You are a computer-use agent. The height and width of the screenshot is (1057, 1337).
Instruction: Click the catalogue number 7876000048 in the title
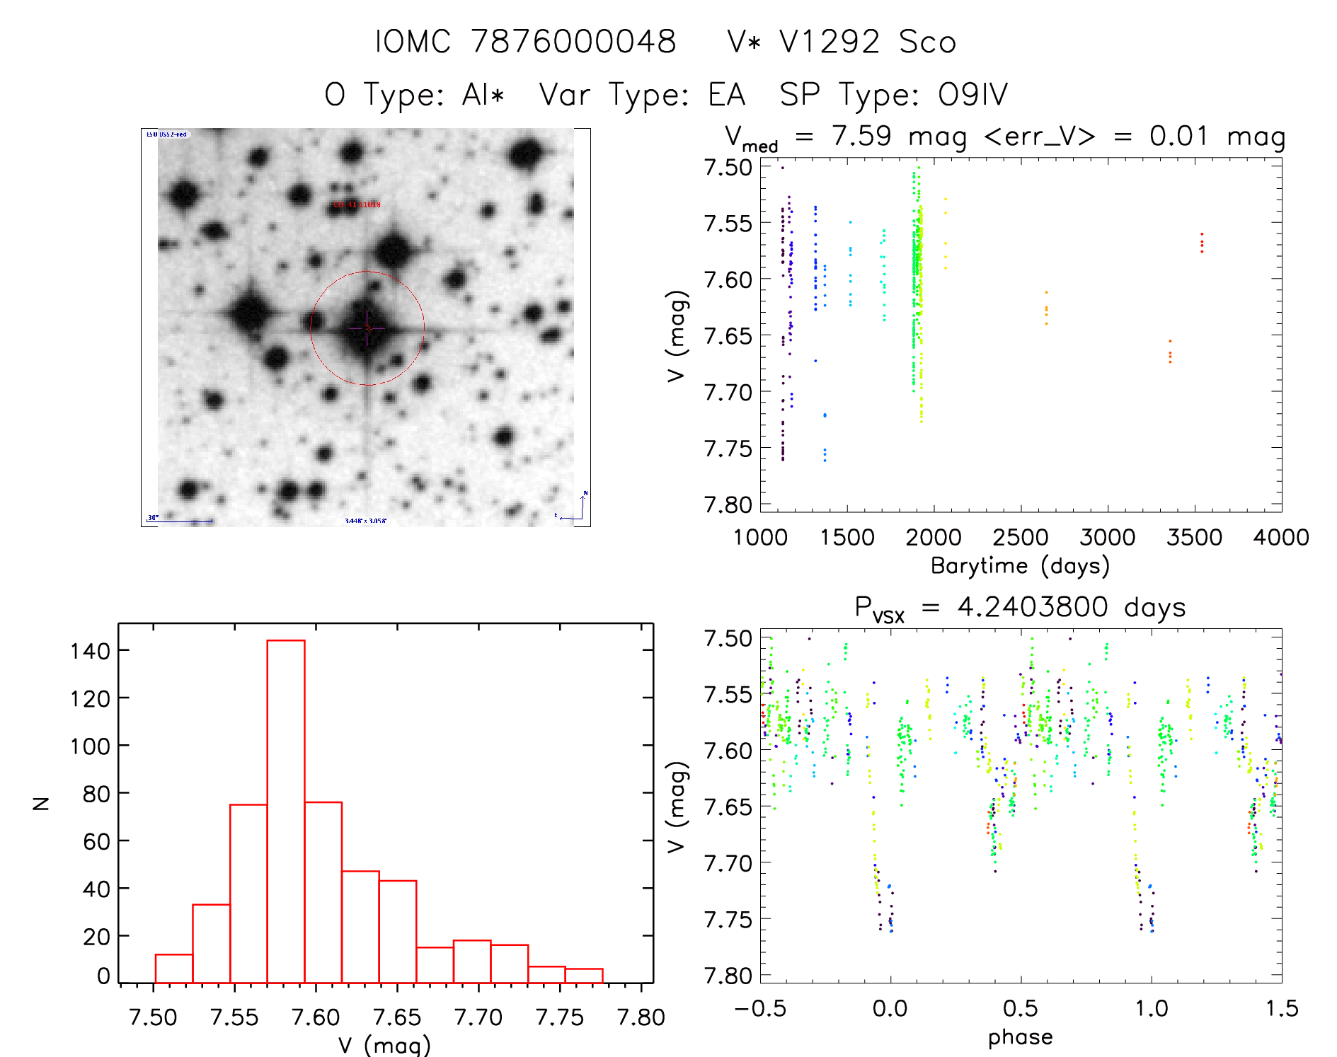tap(573, 42)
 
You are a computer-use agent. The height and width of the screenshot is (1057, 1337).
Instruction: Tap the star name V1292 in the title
tap(830, 42)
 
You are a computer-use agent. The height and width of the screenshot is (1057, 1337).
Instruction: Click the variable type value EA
tap(726, 94)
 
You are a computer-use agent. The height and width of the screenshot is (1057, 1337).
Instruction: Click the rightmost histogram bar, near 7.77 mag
tap(584, 976)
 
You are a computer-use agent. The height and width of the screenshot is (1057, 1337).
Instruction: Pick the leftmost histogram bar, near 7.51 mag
tap(174, 969)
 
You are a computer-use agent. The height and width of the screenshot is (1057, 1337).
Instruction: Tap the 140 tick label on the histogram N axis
tap(90, 650)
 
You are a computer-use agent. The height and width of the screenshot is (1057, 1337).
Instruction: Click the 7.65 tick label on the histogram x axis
tap(397, 1017)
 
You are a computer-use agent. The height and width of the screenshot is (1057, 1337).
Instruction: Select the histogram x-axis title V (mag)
tap(384, 1045)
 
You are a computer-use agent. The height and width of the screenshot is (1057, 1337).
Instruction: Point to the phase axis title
tap(1020, 1036)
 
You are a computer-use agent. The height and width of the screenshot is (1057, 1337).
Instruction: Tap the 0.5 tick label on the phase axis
tap(1021, 1008)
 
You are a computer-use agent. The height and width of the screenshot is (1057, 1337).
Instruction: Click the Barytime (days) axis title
tap(1020, 565)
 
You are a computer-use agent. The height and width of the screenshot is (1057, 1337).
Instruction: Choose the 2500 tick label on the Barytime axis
tap(1021, 537)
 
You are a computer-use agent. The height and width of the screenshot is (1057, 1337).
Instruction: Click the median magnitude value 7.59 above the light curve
tap(861, 136)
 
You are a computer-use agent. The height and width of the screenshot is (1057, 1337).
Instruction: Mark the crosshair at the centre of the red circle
tap(367, 328)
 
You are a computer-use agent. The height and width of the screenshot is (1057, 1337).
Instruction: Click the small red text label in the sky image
tap(357, 204)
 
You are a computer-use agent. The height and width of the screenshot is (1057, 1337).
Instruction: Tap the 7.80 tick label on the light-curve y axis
tap(728, 504)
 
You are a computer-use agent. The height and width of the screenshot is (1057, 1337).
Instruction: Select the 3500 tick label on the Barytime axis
tap(1194, 537)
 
